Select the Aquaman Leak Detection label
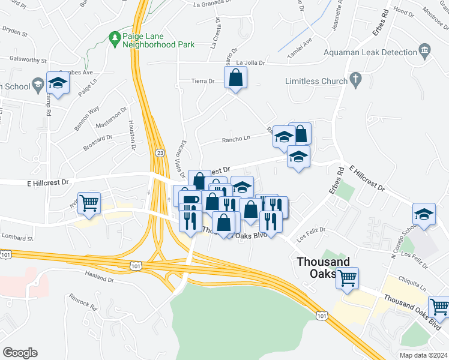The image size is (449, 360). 370,53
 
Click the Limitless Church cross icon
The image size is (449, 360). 356,79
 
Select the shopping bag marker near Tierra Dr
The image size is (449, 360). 236,78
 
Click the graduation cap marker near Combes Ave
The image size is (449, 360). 58,83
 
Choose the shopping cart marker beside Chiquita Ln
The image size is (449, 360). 347,278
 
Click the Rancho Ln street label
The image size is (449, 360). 236,140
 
